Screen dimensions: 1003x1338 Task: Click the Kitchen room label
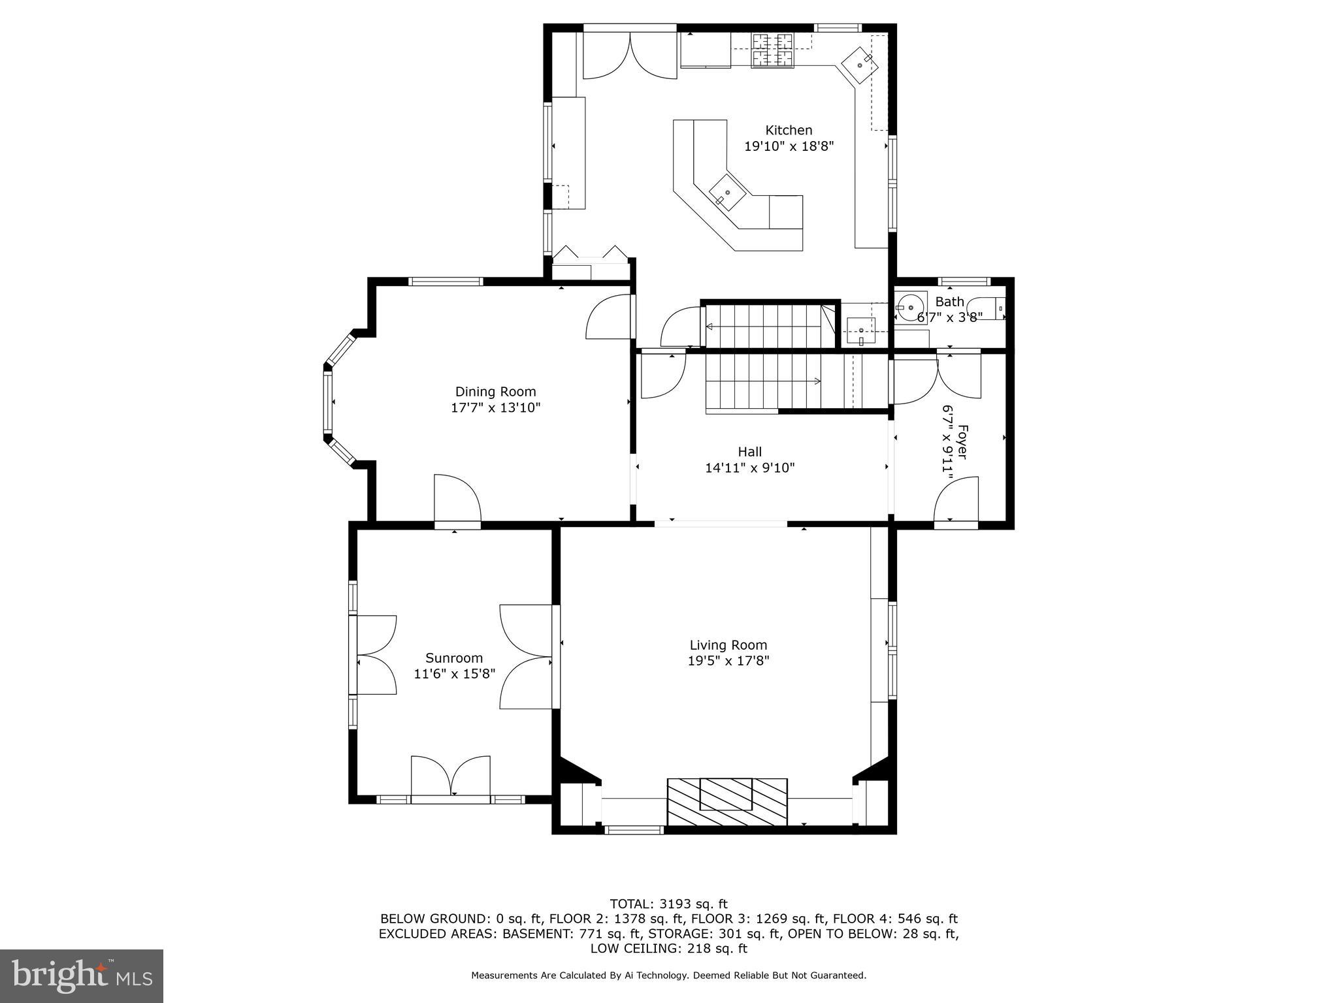point(789,130)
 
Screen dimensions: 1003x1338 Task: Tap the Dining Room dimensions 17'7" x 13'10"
point(495,408)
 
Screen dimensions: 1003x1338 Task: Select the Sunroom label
point(454,658)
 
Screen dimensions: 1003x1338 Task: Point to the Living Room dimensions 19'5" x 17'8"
point(728,661)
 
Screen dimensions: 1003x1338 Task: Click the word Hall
point(749,451)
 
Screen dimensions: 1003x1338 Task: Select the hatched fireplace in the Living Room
point(726,801)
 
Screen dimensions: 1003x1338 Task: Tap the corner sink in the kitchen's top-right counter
point(860,65)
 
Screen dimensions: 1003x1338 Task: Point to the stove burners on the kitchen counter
point(773,50)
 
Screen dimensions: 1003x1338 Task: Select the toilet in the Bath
point(987,308)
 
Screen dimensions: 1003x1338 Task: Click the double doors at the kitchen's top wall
point(629,56)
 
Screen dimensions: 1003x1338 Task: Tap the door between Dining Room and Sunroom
point(457,501)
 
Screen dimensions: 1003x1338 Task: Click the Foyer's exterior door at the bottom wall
point(956,502)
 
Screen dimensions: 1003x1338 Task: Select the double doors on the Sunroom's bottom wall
point(450,777)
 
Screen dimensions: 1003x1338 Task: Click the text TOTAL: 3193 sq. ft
point(668,904)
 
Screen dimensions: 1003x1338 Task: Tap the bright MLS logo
point(82,976)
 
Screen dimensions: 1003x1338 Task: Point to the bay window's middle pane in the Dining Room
point(327,402)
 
